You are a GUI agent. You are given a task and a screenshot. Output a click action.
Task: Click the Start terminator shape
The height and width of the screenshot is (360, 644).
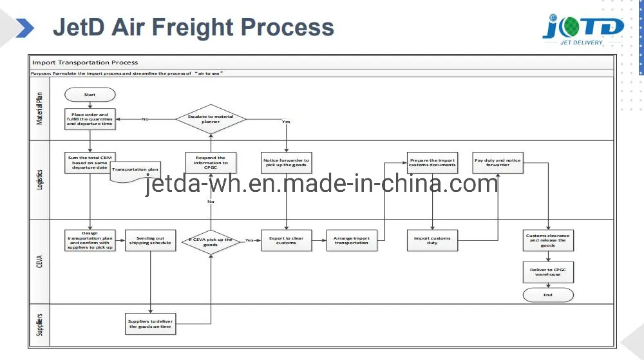(90, 95)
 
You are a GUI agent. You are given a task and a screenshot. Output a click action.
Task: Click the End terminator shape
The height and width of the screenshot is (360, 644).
(547, 294)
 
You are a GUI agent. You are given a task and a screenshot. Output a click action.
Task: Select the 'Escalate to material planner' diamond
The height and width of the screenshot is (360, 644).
(211, 118)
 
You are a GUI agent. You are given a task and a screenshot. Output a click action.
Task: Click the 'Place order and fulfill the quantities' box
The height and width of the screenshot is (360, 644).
(90, 119)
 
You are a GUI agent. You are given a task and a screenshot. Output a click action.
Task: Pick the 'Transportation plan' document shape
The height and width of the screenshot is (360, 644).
(135, 171)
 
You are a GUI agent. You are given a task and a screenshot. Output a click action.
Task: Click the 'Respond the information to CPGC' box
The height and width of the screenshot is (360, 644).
(211, 162)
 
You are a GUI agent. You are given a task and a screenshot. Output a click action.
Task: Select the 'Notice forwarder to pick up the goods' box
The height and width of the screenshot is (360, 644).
(286, 162)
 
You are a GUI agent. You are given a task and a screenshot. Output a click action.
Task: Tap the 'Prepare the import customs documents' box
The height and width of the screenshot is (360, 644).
(432, 162)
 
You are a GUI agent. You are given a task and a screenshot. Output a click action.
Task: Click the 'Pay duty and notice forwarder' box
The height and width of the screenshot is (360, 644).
(498, 162)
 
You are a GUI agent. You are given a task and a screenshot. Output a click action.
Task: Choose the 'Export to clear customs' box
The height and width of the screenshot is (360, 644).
(286, 240)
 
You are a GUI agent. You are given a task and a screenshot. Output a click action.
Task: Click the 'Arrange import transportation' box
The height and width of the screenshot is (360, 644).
(352, 240)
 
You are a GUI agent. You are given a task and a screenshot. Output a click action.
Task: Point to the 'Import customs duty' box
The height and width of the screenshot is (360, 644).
(432, 240)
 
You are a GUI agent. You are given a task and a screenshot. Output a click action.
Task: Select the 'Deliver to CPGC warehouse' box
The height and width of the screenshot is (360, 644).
(547, 272)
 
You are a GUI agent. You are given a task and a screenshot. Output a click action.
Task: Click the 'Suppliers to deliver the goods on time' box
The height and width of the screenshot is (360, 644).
(150, 323)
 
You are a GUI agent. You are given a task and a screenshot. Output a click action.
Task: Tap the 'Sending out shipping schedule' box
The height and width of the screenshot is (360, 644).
(150, 240)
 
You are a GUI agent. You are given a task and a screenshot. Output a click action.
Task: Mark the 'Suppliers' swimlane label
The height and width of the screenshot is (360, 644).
(39, 325)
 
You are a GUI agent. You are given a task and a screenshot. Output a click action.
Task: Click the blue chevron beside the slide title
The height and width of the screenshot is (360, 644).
(24, 28)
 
